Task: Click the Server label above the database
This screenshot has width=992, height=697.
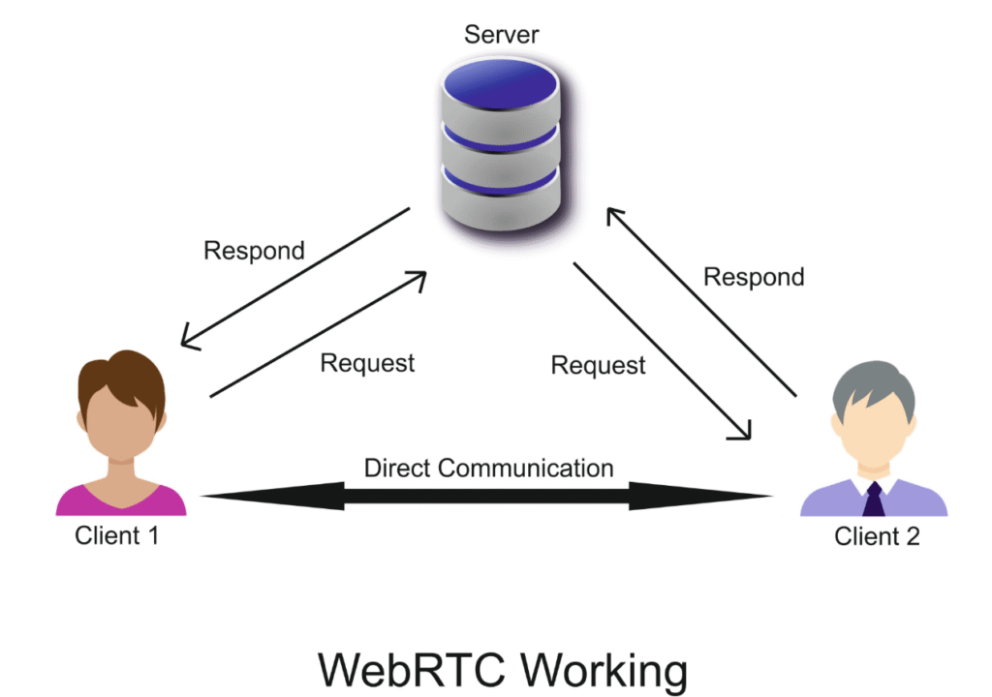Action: tap(501, 36)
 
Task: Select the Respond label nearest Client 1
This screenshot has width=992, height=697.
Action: tap(254, 251)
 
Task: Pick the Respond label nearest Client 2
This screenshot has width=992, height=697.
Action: tap(754, 277)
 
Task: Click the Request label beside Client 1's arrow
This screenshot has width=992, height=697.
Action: tap(367, 363)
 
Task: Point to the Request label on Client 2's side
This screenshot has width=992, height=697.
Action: tap(598, 365)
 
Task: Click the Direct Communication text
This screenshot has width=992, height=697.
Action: tap(488, 469)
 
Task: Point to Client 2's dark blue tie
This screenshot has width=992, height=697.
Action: tap(873, 500)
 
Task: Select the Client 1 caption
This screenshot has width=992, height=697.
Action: tap(116, 534)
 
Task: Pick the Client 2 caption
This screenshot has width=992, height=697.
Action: tap(877, 535)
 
